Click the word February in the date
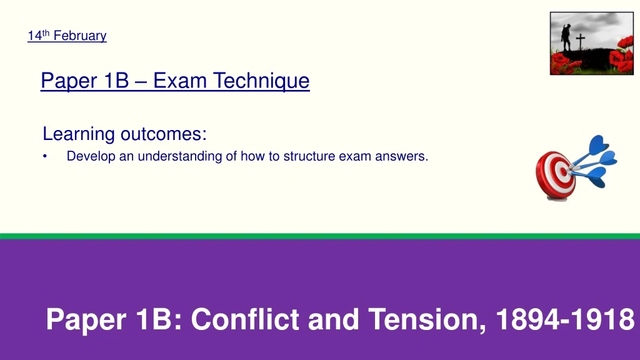pos(80,36)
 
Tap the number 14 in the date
pos(35,36)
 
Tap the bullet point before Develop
pos(45,156)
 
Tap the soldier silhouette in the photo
pos(566,38)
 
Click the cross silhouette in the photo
pos(581,42)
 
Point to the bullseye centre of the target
pos(564,172)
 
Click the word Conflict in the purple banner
pos(245,319)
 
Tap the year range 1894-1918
pos(565,319)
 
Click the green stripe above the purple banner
pos(320,236)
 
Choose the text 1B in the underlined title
pos(116,81)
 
